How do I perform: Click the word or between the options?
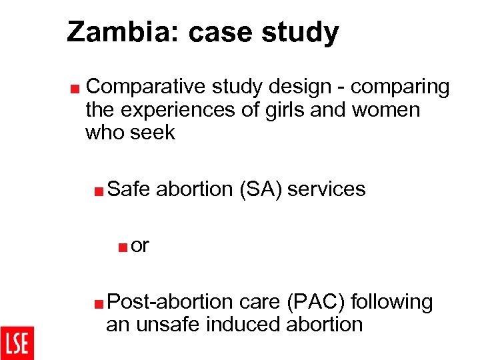click(140, 245)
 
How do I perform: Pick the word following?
click(391, 302)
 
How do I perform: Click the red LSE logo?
click(17, 343)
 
